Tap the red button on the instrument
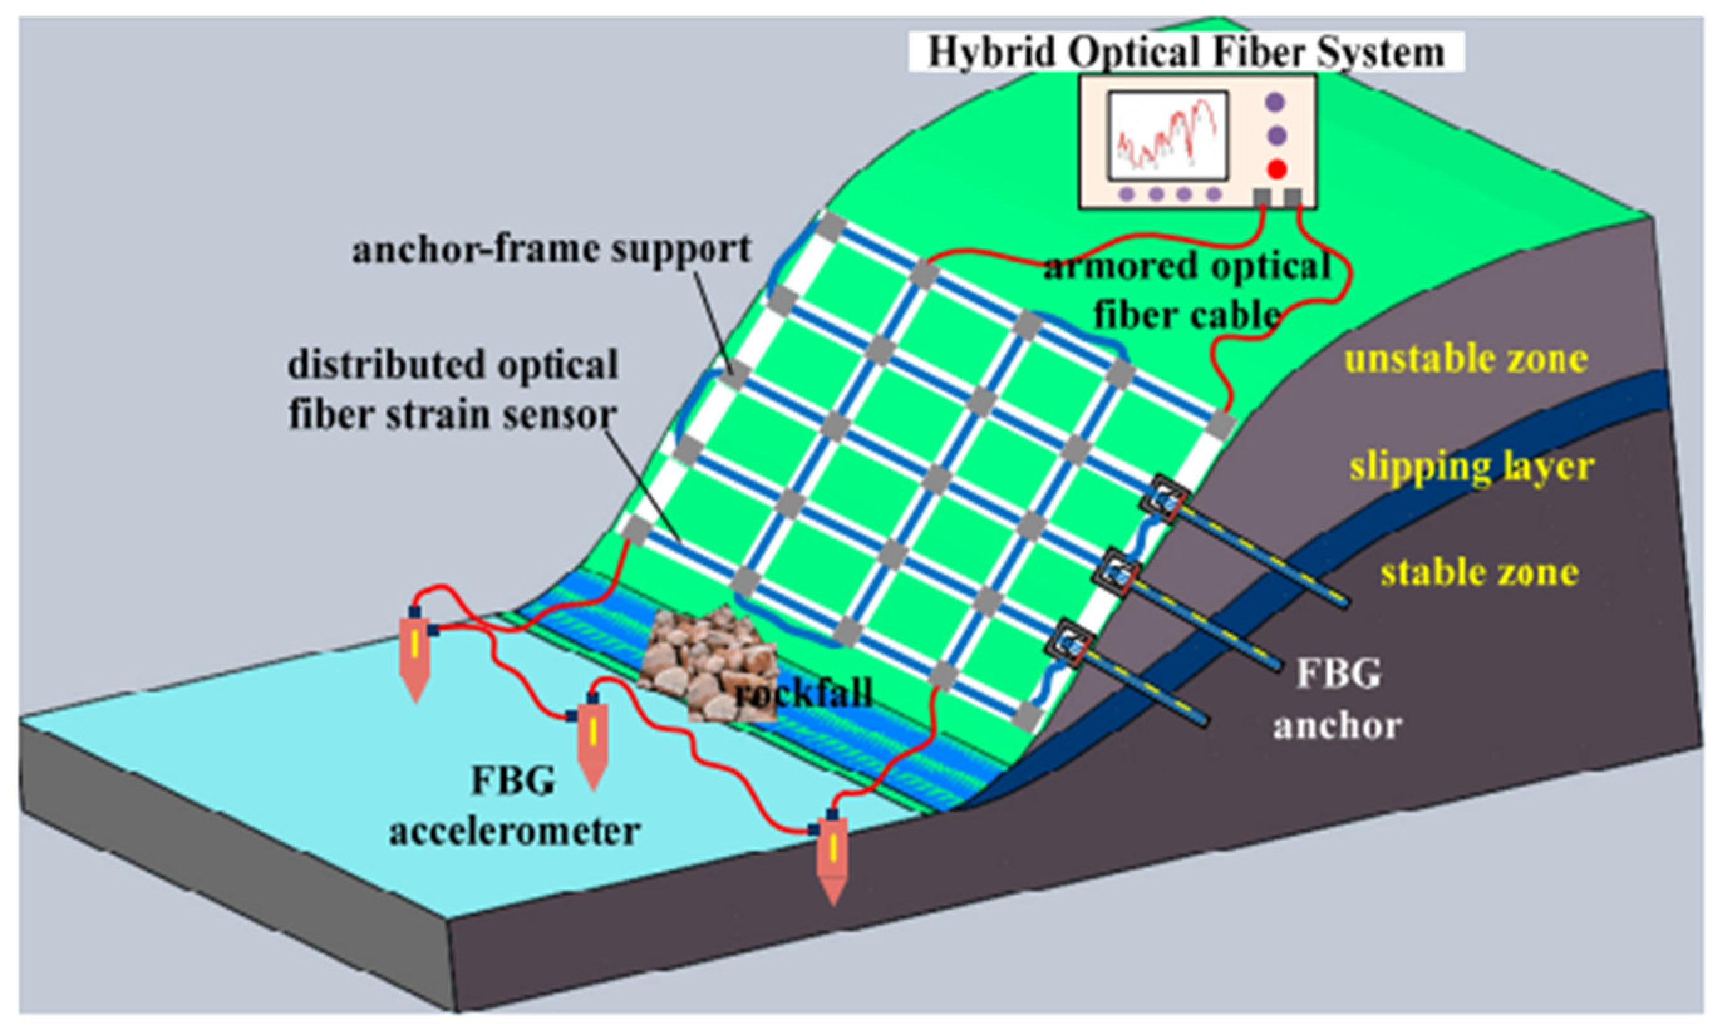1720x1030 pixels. point(1276,169)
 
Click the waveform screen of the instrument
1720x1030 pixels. point(1168,137)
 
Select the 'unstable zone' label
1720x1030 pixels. point(1466,359)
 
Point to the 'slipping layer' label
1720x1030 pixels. point(1472,467)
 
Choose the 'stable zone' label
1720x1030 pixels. point(1479,573)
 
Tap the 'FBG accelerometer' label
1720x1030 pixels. point(514,805)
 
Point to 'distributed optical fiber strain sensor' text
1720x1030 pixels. point(452,390)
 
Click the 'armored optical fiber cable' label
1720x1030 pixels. point(1187,290)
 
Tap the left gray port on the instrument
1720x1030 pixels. point(1262,198)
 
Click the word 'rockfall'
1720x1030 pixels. point(803,693)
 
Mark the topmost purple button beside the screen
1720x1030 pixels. point(1275,103)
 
